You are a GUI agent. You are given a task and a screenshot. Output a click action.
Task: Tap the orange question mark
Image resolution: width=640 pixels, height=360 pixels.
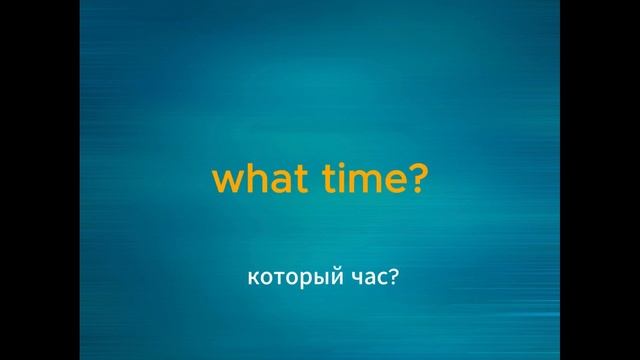418,179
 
